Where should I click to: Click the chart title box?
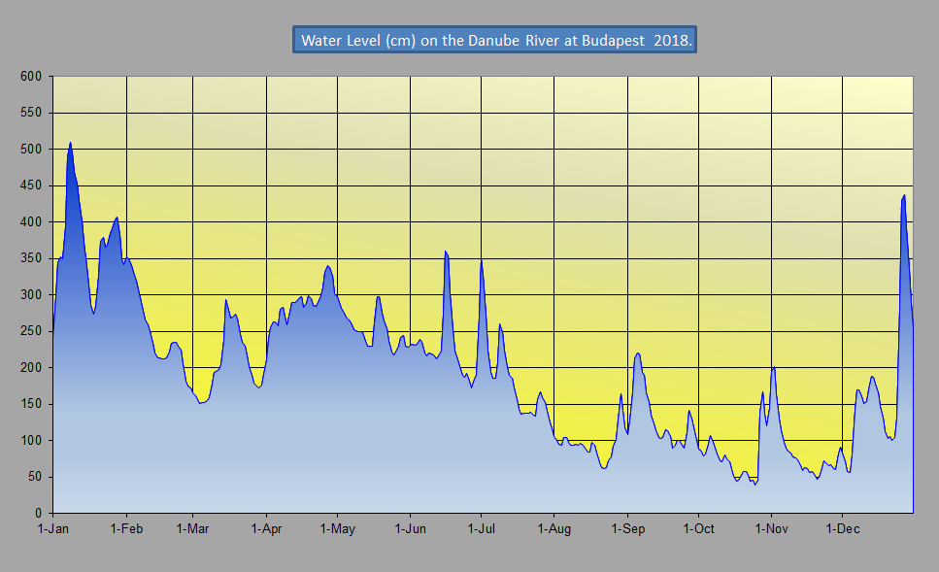click(494, 40)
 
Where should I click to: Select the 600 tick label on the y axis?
click(33, 77)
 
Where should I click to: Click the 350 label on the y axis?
click(33, 258)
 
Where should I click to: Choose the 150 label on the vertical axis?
click(33, 404)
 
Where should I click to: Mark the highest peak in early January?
click(70, 144)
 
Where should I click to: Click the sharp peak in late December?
click(904, 196)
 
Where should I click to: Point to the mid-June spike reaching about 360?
click(445, 252)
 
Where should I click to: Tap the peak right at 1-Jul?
click(481, 259)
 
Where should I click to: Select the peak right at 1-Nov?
click(773, 367)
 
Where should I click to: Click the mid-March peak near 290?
click(225, 300)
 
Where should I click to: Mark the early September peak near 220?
click(637, 353)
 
